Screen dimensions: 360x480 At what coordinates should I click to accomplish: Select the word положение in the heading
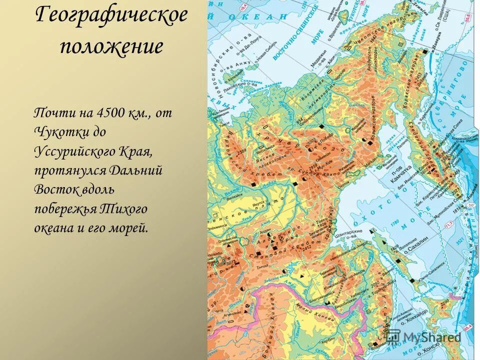click(x=111, y=46)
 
